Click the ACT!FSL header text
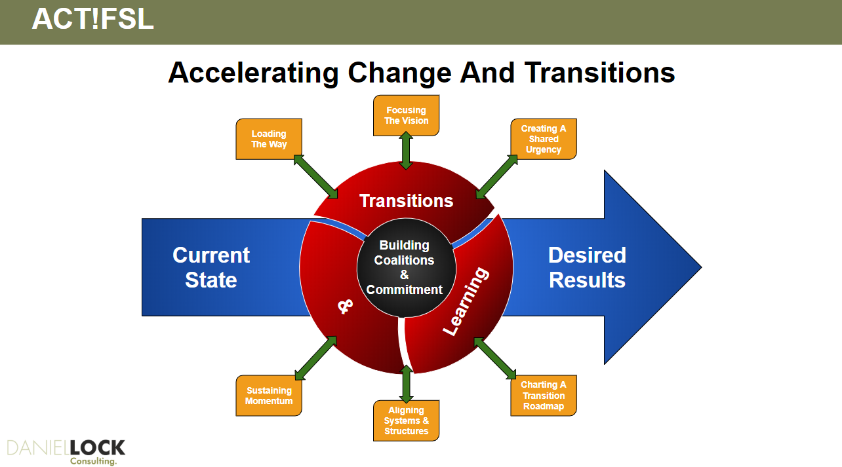point(93,19)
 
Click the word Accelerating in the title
point(253,73)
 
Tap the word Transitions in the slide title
point(599,73)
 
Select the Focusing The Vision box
point(406,115)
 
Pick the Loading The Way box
point(269,139)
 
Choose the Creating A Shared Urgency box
point(544,139)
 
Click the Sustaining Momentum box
point(269,396)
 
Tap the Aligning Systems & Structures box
point(406,420)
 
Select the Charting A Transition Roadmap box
point(544,396)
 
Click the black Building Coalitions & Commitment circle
point(406,268)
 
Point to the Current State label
point(211,267)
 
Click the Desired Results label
point(587,267)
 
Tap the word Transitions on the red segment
point(406,201)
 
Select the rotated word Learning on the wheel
point(466,301)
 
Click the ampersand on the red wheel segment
point(345,307)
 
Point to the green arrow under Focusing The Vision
point(406,150)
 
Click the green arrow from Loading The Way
point(315,176)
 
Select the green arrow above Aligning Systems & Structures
point(406,384)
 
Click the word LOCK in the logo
point(97,448)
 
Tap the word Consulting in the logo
point(93,461)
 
